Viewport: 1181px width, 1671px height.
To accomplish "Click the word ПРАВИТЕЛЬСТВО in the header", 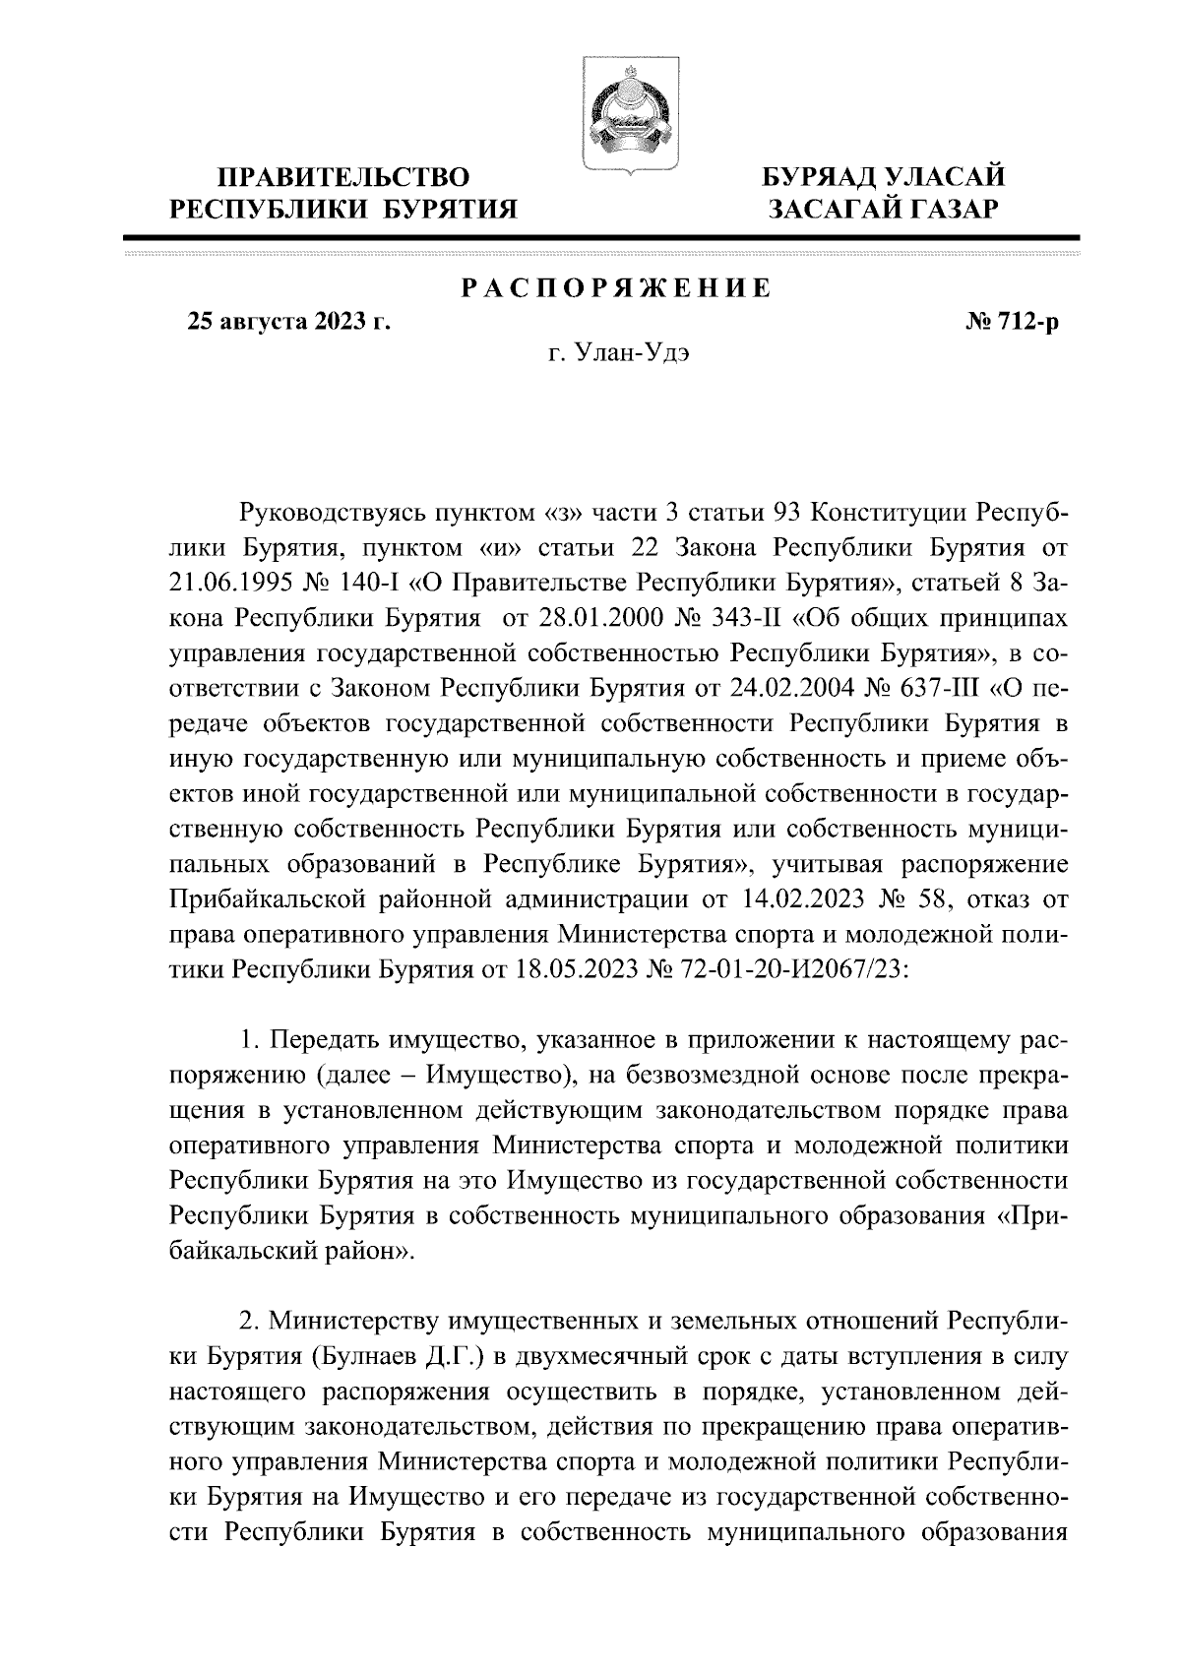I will tap(343, 179).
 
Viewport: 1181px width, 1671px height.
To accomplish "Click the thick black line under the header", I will tap(602, 238).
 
